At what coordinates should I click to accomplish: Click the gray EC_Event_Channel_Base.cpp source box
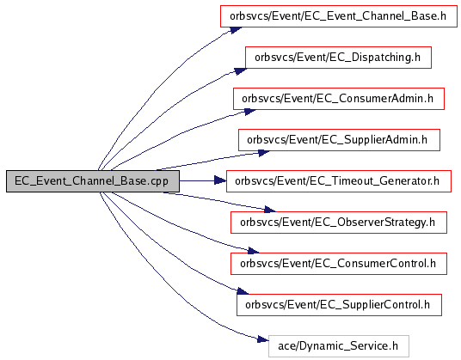[x=93, y=181]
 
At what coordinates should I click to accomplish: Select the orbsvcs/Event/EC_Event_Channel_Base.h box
[x=339, y=16]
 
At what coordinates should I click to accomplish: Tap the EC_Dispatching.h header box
[x=338, y=58]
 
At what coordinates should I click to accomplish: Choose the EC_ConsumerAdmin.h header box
[x=339, y=99]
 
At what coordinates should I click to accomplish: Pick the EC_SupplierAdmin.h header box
[x=339, y=140]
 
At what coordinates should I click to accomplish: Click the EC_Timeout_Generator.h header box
[x=339, y=181]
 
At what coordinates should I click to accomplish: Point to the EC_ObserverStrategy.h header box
[x=339, y=223]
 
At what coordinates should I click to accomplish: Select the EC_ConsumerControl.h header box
[x=339, y=264]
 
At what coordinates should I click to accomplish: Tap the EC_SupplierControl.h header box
[x=339, y=305]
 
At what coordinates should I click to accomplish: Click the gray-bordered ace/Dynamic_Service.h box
[x=338, y=346]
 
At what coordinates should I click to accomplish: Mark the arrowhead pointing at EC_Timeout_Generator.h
[x=220, y=180]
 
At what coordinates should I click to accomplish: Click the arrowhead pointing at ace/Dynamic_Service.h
[x=263, y=339]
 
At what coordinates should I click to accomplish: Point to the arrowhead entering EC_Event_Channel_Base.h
[x=236, y=30]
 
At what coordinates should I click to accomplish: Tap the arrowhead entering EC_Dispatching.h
[x=241, y=71]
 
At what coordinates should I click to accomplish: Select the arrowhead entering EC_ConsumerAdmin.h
[x=249, y=112]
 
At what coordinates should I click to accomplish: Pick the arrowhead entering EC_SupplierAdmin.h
[x=263, y=153]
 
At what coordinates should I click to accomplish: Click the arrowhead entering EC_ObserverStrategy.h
[x=269, y=210]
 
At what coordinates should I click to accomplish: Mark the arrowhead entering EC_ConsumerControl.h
[x=254, y=251]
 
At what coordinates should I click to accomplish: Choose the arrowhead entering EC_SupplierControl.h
[x=243, y=291]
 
